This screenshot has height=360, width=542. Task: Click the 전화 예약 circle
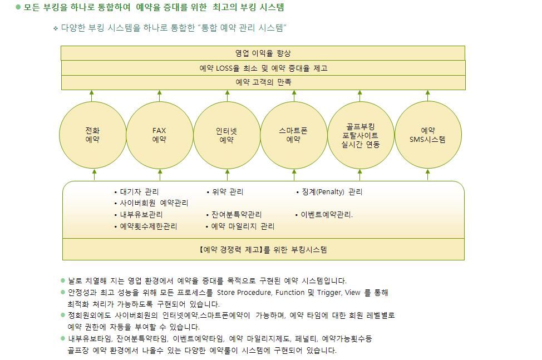tap(92, 135)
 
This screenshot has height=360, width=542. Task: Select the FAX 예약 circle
tap(159, 135)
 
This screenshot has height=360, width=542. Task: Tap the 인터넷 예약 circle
tap(226, 135)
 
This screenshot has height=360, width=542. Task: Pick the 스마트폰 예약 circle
tap(293, 135)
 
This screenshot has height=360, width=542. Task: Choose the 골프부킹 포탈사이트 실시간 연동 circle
tap(361, 135)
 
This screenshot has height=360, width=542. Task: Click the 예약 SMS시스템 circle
tap(428, 135)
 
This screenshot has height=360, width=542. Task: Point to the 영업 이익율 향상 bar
tap(263, 53)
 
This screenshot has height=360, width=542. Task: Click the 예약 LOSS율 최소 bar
tap(263, 68)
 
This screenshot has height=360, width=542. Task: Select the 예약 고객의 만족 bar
tap(263, 82)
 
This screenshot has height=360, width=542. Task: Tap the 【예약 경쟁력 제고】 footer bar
tap(263, 249)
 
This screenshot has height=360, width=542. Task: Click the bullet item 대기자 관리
tap(136, 192)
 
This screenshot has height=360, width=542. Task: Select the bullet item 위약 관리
tap(225, 192)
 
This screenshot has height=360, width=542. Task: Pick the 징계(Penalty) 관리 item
tap(329, 192)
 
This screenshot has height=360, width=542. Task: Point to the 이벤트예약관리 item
tap(324, 215)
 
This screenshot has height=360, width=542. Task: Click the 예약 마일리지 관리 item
tap(240, 226)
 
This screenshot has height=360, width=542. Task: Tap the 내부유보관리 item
tap(138, 215)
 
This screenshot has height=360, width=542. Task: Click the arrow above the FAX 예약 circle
tap(159, 96)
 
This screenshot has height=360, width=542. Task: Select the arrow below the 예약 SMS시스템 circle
tap(427, 175)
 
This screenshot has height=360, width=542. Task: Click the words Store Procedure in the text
tap(244, 293)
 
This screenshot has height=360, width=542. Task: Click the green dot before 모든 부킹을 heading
tap(18, 7)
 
